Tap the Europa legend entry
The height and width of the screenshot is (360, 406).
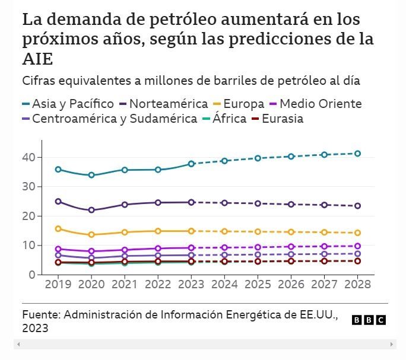point(240,104)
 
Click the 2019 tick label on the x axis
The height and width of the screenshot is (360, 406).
point(58,284)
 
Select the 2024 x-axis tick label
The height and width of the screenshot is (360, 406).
point(224,284)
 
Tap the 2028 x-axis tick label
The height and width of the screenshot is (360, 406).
point(357,284)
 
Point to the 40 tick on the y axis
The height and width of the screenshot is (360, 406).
point(28,157)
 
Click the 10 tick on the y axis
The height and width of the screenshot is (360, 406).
point(28,246)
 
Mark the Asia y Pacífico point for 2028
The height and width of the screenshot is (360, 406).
point(357,154)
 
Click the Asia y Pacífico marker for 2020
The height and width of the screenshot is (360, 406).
point(91,175)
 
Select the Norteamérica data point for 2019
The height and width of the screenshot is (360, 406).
point(58,202)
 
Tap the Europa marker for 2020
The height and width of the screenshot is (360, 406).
point(91,235)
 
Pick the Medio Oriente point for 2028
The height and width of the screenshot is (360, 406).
point(357,246)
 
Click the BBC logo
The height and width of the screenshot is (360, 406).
point(369,320)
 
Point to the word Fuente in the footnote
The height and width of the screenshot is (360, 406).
point(40,314)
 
